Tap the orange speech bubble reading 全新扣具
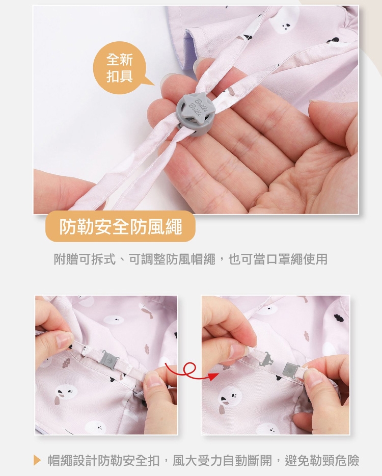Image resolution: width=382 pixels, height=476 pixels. click(x=121, y=68)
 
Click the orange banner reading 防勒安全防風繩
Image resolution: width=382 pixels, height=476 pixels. click(x=120, y=226)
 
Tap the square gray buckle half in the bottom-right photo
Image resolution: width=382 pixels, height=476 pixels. click(x=290, y=370)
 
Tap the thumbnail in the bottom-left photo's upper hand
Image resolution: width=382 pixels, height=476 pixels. click(x=64, y=341)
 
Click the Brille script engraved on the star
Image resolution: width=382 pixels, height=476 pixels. click(x=197, y=108)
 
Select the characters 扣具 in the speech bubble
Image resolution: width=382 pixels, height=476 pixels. click(x=120, y=76)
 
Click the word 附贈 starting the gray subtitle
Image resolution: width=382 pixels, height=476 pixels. click(x=66, y=259)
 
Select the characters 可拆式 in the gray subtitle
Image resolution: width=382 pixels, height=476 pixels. click(x=97, y=259)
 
